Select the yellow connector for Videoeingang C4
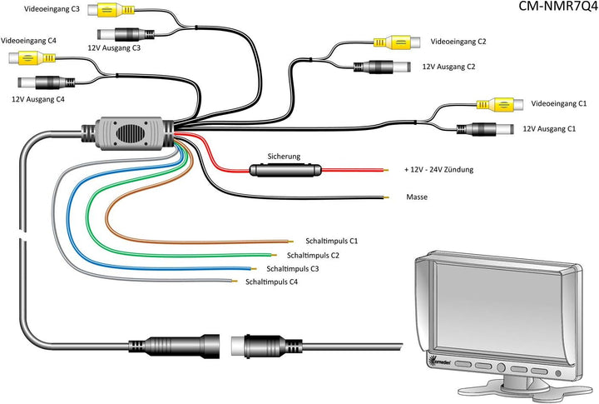click(32, 58)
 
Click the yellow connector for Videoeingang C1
click(492, 104)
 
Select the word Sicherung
click(284, 156)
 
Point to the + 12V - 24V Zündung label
click(438, 170)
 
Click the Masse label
click(417, 197)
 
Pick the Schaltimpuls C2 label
click(313, 255)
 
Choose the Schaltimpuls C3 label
click(293, 269)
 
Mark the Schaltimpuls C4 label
click(271, 282)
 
